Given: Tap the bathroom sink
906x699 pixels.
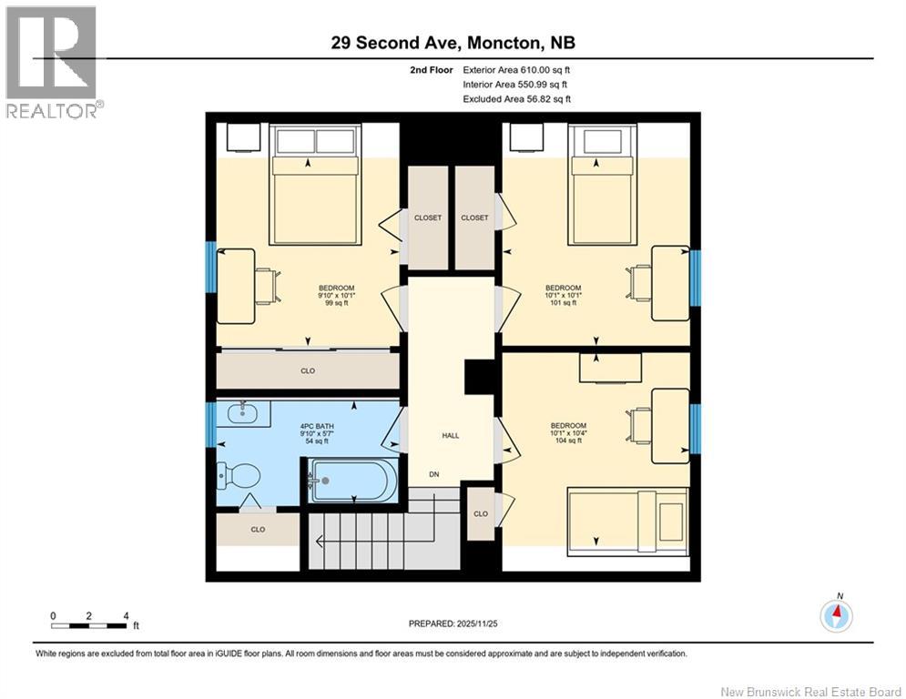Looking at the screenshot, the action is [x=243, y=412].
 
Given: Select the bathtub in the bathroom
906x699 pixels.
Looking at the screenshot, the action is [x=353, y=481].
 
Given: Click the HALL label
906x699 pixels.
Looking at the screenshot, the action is [x=451, y=436].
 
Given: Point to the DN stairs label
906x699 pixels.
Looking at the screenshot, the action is [x=434, y=474].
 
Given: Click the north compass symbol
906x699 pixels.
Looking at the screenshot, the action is [x=836, y=615].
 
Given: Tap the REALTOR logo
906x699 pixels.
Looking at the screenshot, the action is [x=52, y=63].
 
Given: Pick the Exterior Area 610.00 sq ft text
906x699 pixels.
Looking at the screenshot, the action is [x=516, y=70].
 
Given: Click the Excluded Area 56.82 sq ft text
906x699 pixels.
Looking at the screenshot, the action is [x=516, y=99].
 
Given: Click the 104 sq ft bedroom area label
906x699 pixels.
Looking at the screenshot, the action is [x=568, y=441].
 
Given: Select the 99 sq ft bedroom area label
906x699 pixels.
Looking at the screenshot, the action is [x=336, y=303].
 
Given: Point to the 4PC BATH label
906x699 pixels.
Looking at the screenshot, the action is [x=317, y=426].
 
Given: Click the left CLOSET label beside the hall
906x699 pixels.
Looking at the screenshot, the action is [x=428, y=218].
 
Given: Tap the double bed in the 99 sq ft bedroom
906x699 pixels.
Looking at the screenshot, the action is [x=315, y=184].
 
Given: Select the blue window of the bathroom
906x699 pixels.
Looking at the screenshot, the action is [x=211, y=425].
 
